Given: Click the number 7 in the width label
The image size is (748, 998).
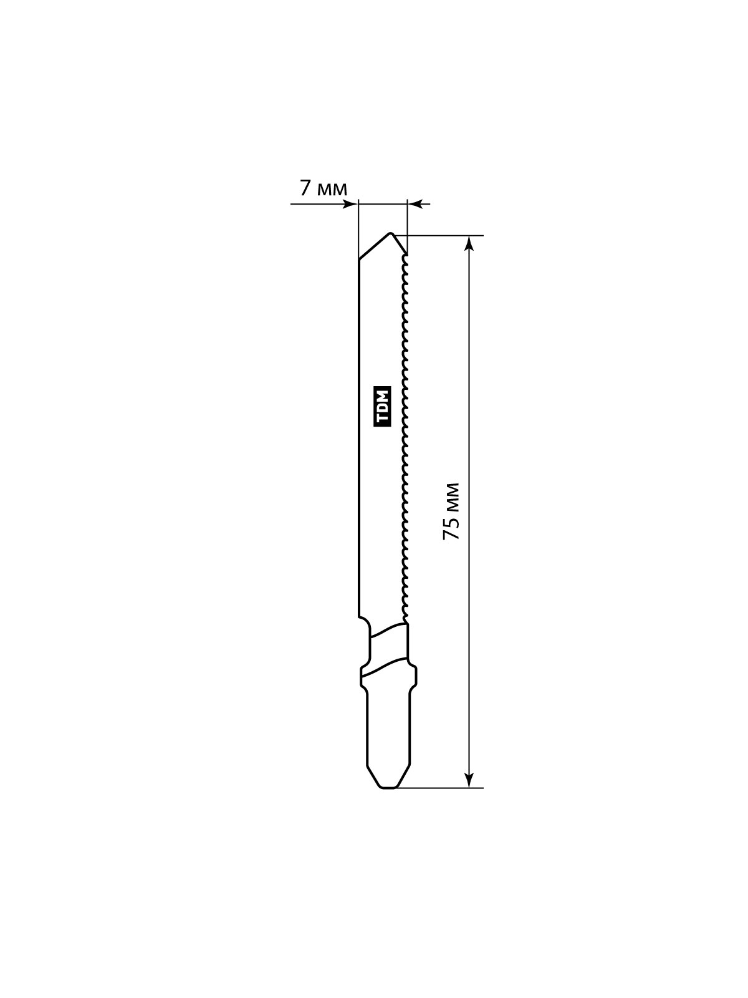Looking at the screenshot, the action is (306, 187).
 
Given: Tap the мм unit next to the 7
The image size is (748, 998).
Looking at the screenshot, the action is (332, 189).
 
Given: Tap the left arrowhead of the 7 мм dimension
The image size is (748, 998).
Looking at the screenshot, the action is (350, 204).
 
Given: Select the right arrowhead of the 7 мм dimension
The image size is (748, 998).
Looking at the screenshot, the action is (416, 204).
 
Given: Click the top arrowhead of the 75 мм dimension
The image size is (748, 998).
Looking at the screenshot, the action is (469, 244).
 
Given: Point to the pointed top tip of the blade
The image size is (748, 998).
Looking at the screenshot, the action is (390, 234).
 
